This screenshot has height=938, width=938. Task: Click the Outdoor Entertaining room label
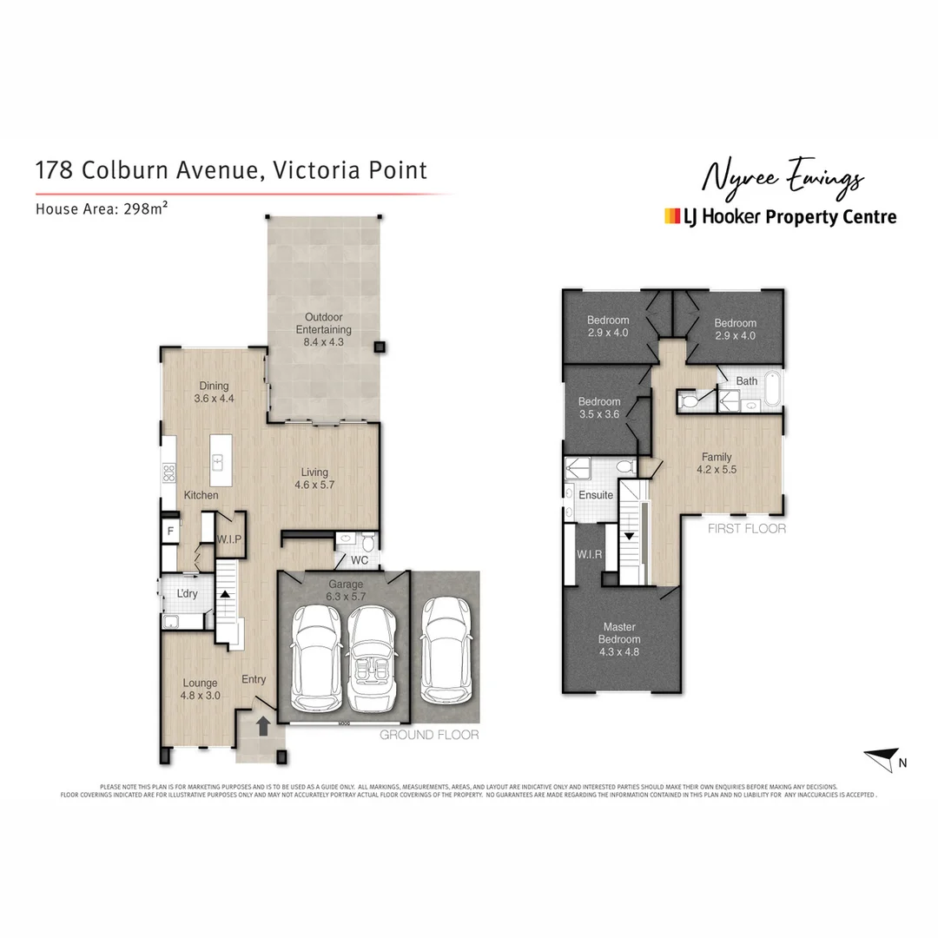pyautogui.click(x=323, y=324)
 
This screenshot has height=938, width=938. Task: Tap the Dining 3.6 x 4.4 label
pyautogui.click(x=214, y=392)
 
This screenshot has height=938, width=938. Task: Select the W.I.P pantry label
pyautogui.click(x=229, y=538)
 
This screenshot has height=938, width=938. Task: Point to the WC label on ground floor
pyautogui.click(x=359, y=560)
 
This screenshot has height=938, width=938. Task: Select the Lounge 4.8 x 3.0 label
pyautogui.click(x=200, y=689)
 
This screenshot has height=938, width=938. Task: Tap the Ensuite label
pyautogui.click(x=596, y=495)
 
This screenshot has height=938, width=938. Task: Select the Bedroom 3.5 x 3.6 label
pyautogui.click(x=599, y=407)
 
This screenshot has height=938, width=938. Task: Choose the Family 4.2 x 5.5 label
pyautogui.click(x=717, y=463)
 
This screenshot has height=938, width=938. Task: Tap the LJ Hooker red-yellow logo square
pyautogui.click(x=671, y=216)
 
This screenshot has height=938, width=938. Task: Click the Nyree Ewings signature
pyautogui.click(x=782, y=178)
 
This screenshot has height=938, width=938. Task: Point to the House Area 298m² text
pyautogui.click(x=101, y=208)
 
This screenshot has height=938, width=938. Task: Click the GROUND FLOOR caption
pyautogui.click(x=429, y=735)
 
